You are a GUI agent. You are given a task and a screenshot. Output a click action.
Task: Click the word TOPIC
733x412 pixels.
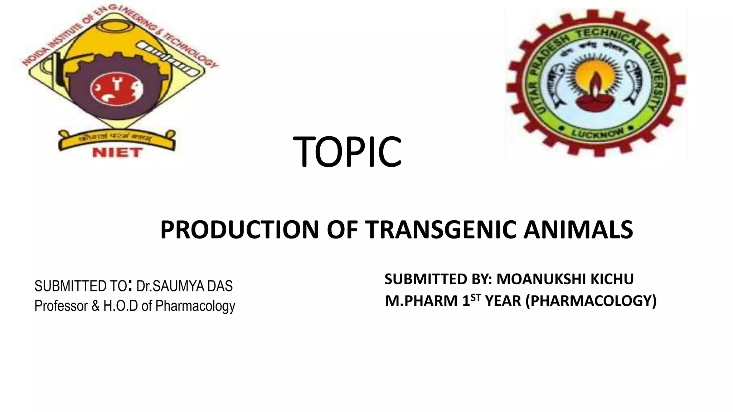click(347, 152)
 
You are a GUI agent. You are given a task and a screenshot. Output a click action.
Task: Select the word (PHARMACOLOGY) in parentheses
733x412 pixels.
click(591, 301)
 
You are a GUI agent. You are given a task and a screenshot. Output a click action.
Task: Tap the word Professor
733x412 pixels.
click(61, 306)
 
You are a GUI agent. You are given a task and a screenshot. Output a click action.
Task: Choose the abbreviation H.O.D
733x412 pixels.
click(121, 306)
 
